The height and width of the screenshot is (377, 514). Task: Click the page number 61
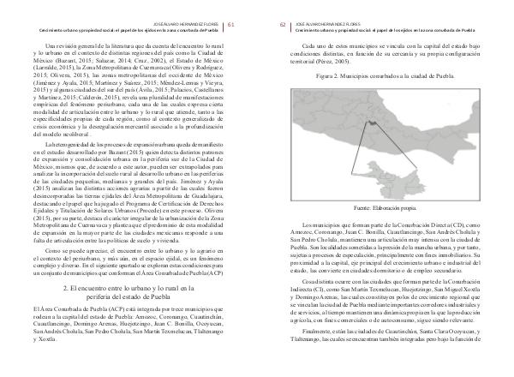click(x=242, y=12)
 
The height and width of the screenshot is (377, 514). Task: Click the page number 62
click(x=272, y=12)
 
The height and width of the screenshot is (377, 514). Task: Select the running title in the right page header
click(x=384, y=16)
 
